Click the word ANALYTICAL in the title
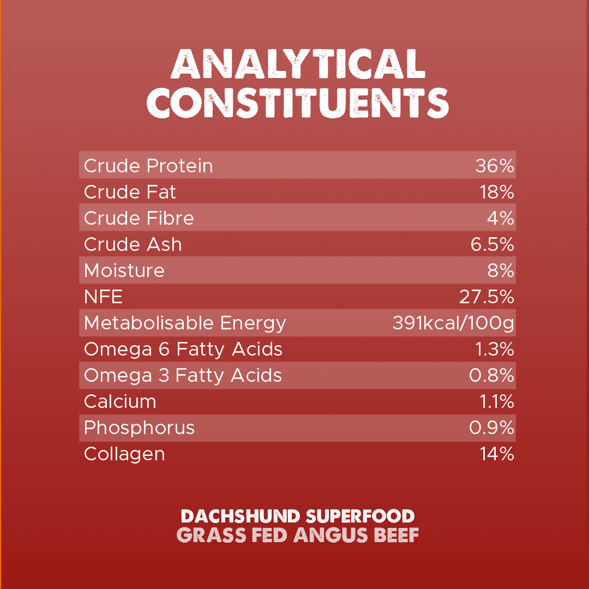click(x=298, y=64)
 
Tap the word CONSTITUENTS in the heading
click(x=298, y=102)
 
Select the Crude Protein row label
click(x=148, y=166)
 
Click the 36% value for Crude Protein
click(x=495, y=166)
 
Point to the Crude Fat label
click(x=130, y=192)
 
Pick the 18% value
click(x=497, y=192)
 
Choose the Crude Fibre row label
click(x=139, y=218)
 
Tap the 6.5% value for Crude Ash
click(x=492, y=244)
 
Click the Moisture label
click(x=124, y=271)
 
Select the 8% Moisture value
click(x=502, y=271)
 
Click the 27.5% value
click(x=487, y=297)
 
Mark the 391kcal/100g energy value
click(x=453, y=323)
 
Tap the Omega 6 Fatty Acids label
click(x=183, y=349)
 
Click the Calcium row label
click(x=120, y=401)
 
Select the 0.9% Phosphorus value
click(x=492, y=428)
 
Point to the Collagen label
click(x=124, y=454)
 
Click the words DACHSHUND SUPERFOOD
click(x=298, y=516)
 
